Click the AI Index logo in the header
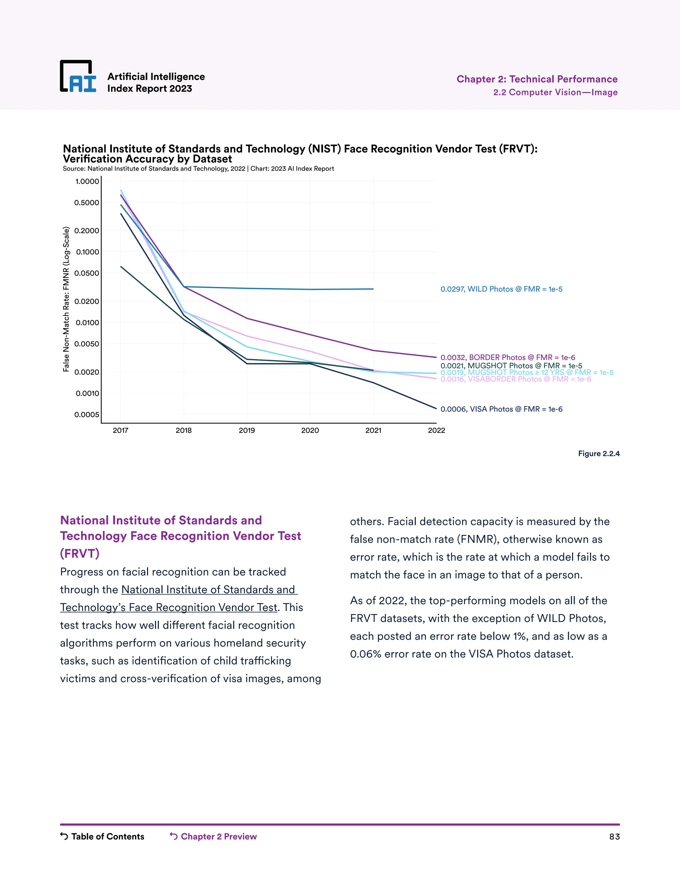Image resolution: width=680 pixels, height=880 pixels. click(78, 77)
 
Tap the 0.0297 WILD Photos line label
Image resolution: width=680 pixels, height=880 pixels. click(501, 289)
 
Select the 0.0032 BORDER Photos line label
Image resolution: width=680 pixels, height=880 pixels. click(508, 357)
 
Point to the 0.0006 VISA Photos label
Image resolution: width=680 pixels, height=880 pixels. click(501, 409)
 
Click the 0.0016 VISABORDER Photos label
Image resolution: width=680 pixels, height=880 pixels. click(516, 379)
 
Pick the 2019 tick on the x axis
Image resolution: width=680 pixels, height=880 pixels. click(247, 430)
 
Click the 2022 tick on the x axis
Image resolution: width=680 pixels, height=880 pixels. click(436, 430)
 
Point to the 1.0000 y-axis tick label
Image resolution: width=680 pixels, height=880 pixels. click(87, 181)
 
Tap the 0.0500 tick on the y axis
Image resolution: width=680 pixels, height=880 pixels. click(87, 273)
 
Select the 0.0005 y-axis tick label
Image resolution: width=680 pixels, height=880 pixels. click(87, 415)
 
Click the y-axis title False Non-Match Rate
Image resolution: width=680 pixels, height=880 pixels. click(66, 299)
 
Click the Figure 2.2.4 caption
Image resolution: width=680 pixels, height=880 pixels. click(599, 454)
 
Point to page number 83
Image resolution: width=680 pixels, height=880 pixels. click(614, 837)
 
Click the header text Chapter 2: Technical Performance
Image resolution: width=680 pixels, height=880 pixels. click(537, 79)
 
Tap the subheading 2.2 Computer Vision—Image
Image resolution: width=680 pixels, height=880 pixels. click(555, 92)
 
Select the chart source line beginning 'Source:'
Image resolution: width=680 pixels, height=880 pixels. click(198, 168)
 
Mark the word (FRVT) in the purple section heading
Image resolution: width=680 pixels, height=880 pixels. click(80, 553)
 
